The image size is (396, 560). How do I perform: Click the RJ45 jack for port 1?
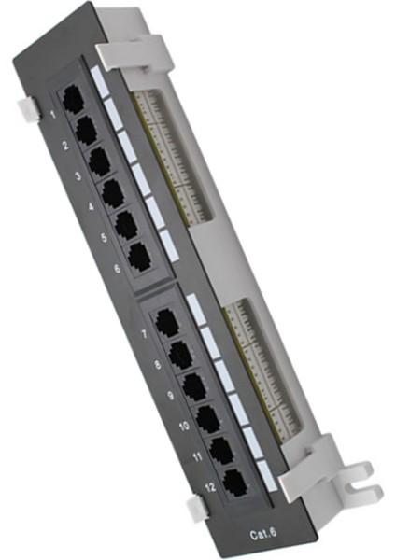72,97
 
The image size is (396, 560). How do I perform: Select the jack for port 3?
99,160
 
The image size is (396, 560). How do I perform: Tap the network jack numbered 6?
138,256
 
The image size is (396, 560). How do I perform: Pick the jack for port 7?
167,323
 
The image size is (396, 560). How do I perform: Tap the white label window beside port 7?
196,308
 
